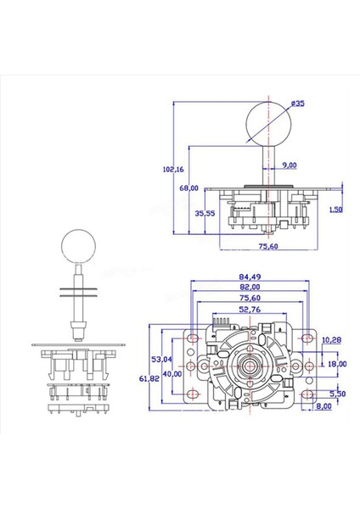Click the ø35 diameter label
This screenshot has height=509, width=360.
296,103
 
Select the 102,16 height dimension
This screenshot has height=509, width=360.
172,169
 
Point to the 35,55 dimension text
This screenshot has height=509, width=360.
205,214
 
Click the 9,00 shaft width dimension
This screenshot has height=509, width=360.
289,165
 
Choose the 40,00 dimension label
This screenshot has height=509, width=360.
172,374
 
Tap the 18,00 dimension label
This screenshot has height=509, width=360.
338,364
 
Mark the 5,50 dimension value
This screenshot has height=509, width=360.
338,394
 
